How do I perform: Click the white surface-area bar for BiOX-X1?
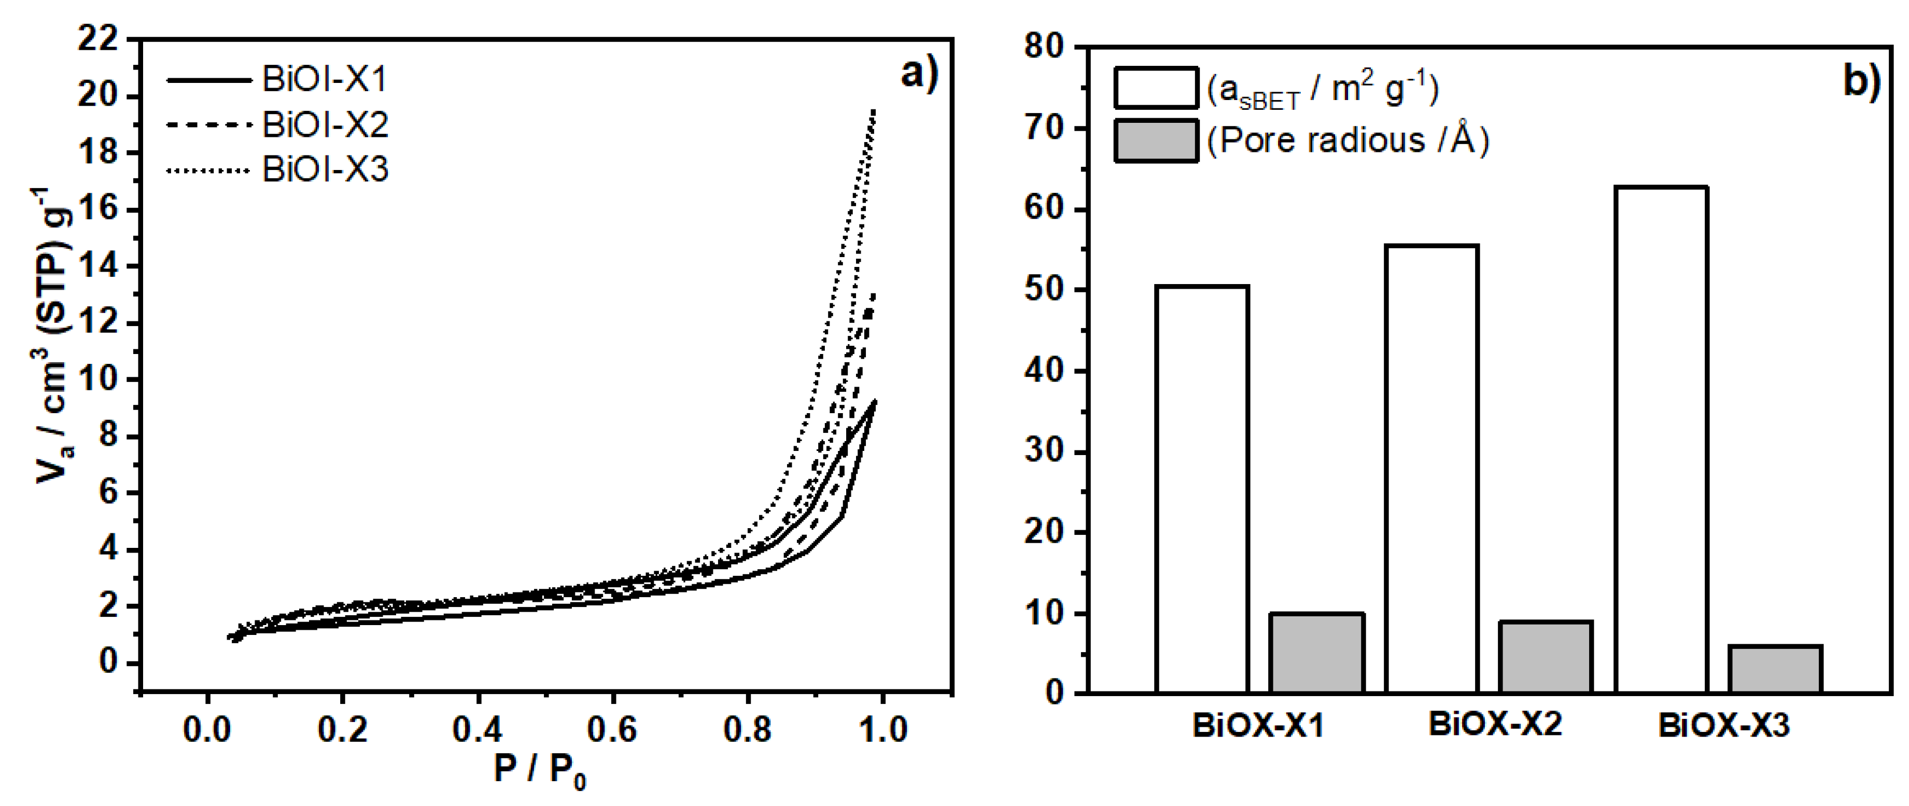1202,489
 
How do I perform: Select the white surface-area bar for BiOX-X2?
1432,468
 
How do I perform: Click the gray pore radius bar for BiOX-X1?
1317,653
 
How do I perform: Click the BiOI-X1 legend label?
325,79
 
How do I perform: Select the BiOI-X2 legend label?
325,124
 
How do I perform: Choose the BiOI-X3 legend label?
325,169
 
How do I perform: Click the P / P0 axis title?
540,770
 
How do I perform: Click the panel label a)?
919,74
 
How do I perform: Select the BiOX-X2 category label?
1495,724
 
